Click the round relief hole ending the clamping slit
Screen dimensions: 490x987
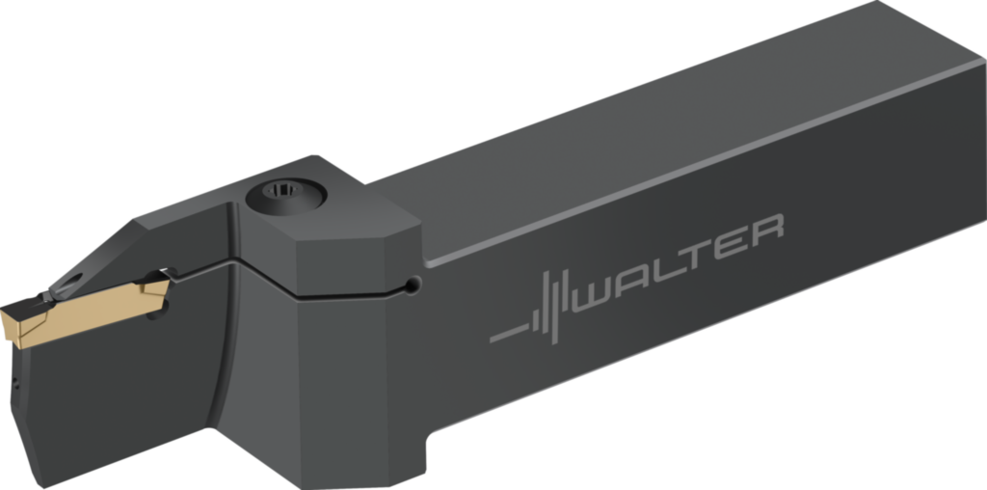tap(413, 286)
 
